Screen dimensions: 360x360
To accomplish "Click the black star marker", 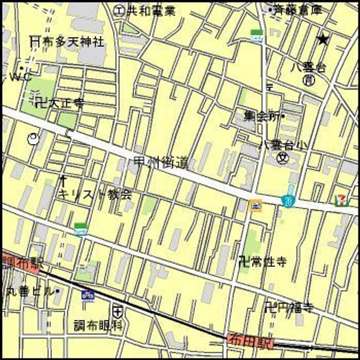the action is pos(323,39).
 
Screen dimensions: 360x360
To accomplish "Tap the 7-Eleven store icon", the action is pos(340,200).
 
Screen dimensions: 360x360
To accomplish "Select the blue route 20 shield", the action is pos(288,201).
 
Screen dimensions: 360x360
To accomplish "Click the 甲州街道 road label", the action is pos(161,162).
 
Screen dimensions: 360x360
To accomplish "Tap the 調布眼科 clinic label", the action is pos(97,325).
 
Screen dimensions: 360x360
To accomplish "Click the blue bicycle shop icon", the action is pos(88,294).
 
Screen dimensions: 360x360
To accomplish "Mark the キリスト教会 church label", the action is pos(95,194).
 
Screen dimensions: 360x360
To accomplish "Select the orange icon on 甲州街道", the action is pos(256,205).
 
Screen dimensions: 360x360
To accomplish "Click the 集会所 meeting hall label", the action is pos(263,116).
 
